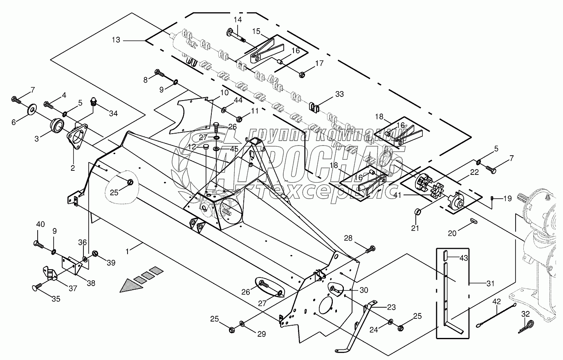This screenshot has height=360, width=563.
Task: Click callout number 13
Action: pos(116,40)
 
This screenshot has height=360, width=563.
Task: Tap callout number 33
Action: pos(339,94)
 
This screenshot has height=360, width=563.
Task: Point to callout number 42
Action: pos(496,302)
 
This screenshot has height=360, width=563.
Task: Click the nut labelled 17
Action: pos(302,74)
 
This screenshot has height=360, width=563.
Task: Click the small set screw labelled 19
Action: pos(493,199)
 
